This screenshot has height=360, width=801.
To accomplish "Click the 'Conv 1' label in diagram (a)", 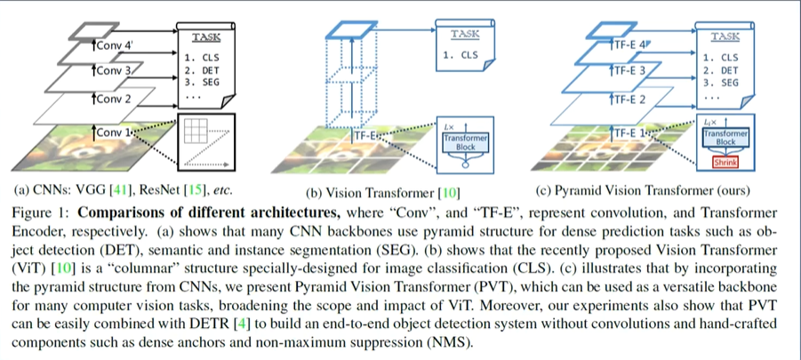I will click(x=114, y=132).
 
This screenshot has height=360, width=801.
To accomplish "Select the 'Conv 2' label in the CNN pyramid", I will click(x=112, y=99).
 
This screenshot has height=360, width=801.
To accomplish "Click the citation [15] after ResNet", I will click(x=196, y=189).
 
